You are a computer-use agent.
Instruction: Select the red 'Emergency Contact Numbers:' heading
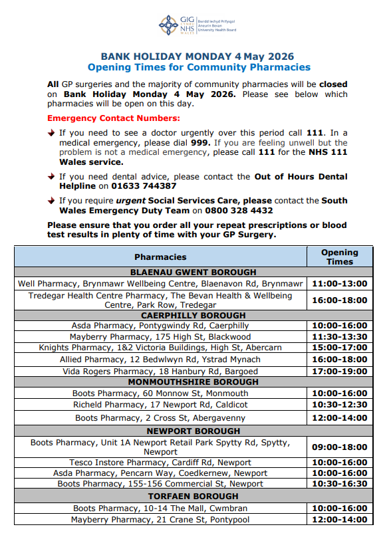click(114, 118)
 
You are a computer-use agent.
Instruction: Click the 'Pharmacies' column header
click(160, 257)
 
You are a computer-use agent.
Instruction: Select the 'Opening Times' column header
click(339, 257)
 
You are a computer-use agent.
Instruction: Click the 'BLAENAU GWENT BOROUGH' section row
click(193, 272)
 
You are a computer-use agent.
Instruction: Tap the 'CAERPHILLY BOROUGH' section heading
click(193, 315)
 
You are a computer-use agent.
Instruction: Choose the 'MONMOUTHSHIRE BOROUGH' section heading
click(193, 382)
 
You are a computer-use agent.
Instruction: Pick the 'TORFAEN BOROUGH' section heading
click(193, 497)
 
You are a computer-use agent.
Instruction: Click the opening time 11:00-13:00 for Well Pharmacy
click(340, 283)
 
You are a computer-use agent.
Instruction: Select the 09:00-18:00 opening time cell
click(340, 447)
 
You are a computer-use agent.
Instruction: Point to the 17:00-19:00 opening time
click(340, 371)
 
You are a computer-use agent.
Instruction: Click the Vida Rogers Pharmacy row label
click(160, 371)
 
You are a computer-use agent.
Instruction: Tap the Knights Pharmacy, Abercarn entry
click(160, 348)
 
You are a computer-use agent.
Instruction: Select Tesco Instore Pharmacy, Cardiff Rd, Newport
click(160, 463)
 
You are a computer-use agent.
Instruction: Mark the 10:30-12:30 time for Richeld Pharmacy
click(340, 405)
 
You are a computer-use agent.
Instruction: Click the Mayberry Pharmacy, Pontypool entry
click(160, 520)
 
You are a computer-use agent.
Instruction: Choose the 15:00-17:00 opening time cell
click(340, 348)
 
